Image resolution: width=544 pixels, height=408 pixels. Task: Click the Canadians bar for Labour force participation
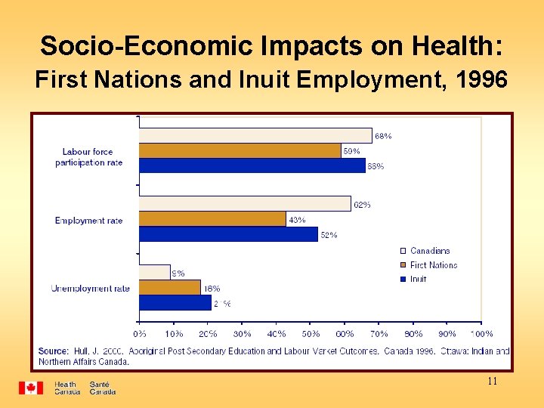tap(255, 136)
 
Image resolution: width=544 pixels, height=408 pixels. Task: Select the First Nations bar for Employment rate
tap(212, 219)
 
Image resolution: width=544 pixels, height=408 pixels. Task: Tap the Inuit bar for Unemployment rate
tap(175, 302)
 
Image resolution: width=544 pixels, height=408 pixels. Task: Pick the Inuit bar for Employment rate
tap(228, 234)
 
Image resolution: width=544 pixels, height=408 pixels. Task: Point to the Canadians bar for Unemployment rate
tap(155, 272)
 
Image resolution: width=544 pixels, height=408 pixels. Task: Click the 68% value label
tap(383, 136)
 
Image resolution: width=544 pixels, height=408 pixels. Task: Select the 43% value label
tap(297, 220)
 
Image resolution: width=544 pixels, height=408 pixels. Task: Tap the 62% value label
tap(362, 205)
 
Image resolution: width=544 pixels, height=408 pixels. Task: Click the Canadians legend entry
tap(429, 251)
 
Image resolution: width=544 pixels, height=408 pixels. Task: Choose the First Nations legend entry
tap(433, 265)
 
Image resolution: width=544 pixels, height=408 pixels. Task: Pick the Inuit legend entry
tap(418, 279)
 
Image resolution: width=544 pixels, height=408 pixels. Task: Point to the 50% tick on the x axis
tap(311, 333)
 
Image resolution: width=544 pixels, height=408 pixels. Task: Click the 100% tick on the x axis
tap(481, 333)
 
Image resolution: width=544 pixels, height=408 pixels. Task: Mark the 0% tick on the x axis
tap(140, 333)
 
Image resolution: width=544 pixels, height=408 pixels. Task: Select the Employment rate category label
tap(88, 221)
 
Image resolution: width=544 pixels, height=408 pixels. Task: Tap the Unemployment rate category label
tap(90, 288)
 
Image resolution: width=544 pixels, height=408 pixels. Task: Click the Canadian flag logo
tap(31, 388)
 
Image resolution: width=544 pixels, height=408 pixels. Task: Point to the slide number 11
tap(492, 382)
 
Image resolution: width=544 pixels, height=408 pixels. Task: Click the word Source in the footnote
tap(54, 351)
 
